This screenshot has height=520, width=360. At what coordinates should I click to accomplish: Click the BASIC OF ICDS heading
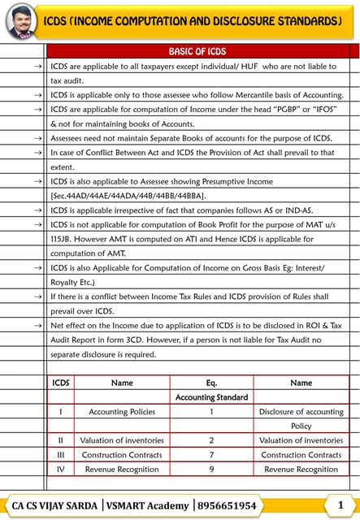click(197, 51)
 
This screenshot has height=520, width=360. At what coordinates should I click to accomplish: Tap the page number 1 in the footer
click(340, 505)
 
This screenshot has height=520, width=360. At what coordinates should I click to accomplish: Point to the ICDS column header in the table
click(61, 383)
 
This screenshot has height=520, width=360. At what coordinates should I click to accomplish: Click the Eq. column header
click(211, 383)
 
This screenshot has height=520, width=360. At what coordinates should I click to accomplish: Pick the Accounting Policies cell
click(122, 412)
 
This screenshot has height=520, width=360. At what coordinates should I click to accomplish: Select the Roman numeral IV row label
click(61, 469)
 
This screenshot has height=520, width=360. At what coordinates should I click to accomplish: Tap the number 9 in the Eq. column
click(211, 469)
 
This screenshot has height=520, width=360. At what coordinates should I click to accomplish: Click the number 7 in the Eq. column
click(211, 455)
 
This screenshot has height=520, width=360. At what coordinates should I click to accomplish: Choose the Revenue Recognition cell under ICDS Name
click(122, 469)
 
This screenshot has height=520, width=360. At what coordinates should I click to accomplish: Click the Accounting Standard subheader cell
click(211, 397)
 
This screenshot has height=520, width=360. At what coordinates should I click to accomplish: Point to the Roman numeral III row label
click(61, 455)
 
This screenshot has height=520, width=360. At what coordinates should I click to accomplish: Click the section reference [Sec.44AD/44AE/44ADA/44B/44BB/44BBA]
click(128, 196)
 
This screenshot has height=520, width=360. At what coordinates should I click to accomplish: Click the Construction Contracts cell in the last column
click(301, 455)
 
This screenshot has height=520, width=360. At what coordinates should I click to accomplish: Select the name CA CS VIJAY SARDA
click(56, 505)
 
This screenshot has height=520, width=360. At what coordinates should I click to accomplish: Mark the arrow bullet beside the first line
click(38, 66)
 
